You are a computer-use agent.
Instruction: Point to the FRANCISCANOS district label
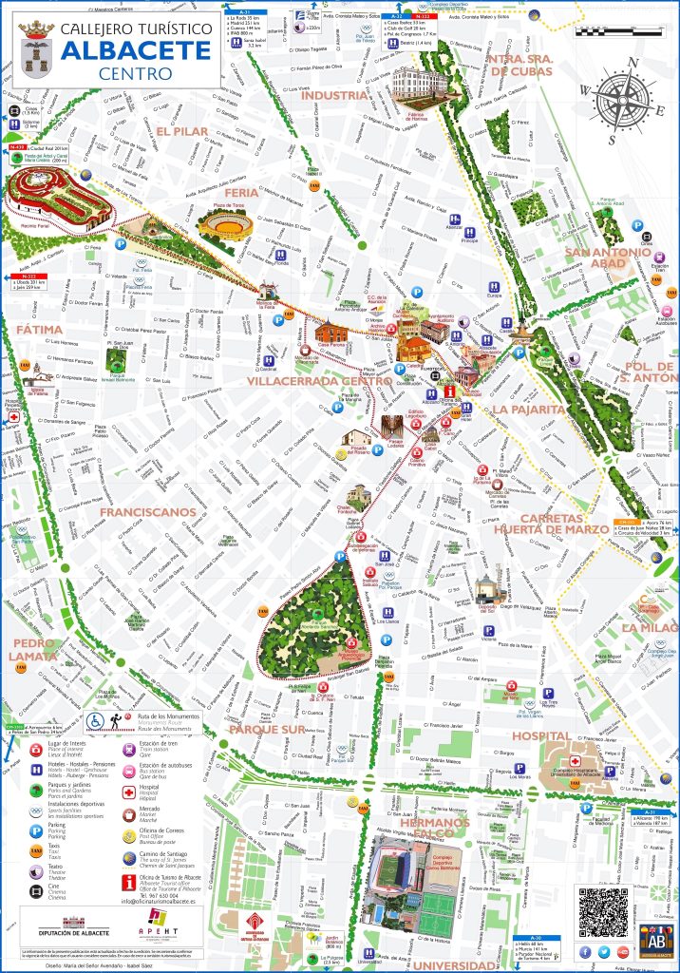[x=146, y=512]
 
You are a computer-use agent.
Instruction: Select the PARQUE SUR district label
[x=267, y=730]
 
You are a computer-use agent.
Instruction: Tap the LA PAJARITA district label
[x=528, y=410]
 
